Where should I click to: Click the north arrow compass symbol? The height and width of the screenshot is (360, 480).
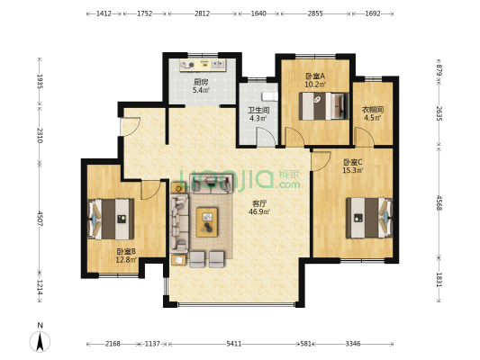[40, 341]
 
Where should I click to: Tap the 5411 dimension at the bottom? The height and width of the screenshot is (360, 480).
[234, 344]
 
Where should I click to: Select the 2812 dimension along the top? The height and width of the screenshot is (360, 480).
[203, 13]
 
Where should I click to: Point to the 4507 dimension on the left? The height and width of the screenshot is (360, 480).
[40, 219]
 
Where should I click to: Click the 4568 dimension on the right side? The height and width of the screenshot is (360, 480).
[439, 202]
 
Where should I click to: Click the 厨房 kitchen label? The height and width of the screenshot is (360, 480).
[201, 82]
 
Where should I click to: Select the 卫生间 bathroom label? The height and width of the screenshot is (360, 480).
[258, 110]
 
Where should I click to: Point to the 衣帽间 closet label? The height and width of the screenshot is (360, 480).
[373, 110]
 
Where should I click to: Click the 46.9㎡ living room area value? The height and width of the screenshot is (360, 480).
[259, 211]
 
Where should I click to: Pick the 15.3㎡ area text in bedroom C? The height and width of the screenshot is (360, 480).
[353, 170]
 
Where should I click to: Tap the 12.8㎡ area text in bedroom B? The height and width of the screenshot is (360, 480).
[126, 260]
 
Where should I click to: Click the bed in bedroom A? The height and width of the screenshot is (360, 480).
[324, 106]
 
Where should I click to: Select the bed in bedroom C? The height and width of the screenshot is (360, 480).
[369, 218]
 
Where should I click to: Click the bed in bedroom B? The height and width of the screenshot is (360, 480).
[111, 219]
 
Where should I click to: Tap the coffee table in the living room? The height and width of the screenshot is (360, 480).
[207, 222]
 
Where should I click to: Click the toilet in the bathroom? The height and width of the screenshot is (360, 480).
[269, 96]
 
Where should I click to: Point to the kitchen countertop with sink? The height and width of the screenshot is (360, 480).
[203, 65]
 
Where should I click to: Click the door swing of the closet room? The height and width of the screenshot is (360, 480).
[365, 138]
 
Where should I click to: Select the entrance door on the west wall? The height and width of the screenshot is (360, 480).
[130, 127]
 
